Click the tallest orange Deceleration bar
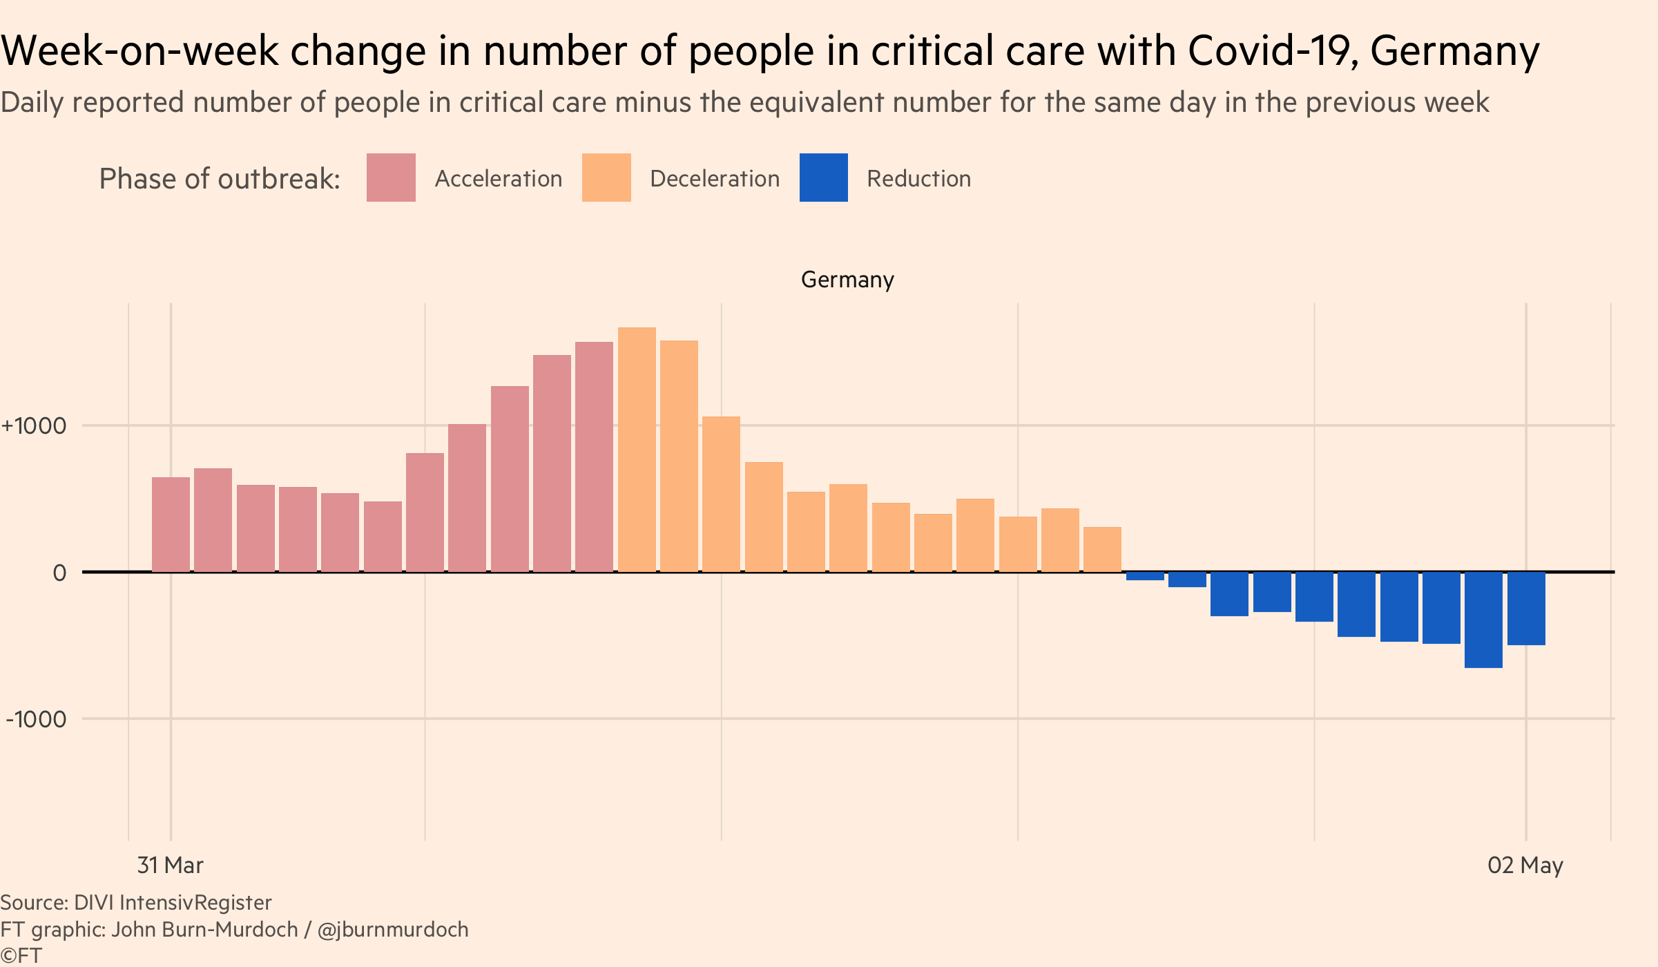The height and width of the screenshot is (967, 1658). pos(637,449)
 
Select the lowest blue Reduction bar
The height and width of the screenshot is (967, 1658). pos(1483,620)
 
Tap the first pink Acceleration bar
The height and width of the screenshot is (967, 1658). pos(171,524)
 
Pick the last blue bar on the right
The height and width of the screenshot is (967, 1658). pos(1526,609)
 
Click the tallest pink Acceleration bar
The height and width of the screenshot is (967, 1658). pos(594,457)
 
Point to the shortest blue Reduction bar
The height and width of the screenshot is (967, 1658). pos(1145,576)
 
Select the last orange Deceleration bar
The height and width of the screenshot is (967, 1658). pos(1102,549)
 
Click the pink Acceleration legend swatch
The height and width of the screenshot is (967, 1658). pos(391,178)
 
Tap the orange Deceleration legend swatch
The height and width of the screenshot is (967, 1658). pos(606,178)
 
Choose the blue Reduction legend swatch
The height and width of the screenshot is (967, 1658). pos(823,178)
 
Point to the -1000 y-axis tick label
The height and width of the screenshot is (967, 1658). pos(36,719)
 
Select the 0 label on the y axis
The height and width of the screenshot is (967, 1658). pos(60,573)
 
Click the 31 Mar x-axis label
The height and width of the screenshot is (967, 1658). pos(170,865)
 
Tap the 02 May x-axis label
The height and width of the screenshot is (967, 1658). pos(1525,865)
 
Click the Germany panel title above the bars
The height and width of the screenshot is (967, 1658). pos(847,280)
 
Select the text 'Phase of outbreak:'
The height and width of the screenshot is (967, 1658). pos(220,179)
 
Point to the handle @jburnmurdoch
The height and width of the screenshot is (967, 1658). pos(393,930)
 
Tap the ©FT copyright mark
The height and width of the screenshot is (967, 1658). pos(21,956)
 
